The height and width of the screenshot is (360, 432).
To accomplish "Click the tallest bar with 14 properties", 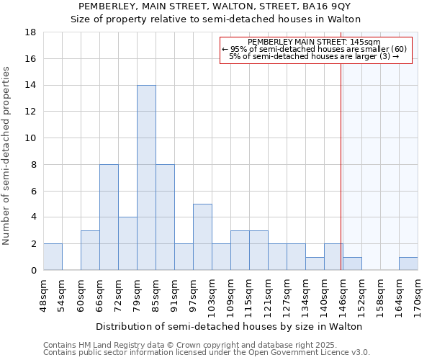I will coord(146,177).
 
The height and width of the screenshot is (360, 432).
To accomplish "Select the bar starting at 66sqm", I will coord(109,217).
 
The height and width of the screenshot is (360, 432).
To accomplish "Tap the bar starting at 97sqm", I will coord(202,237).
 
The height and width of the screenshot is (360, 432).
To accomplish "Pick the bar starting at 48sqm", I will coord(53,256).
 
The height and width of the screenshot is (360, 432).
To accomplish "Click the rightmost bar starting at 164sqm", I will coord(408,264).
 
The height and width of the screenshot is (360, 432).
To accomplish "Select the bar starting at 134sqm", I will coord(315,264).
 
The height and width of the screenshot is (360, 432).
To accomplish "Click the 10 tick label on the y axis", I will coord(31,138).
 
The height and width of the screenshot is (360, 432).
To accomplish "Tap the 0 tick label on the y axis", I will coord(33,270).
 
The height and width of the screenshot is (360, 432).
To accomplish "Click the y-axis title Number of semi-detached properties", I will coord(7,156).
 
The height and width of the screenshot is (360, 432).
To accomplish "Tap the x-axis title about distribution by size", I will coord(230,326).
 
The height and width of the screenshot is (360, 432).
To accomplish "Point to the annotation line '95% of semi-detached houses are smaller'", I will coord(314,48).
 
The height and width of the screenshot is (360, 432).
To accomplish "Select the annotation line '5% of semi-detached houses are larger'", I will coord(314,56).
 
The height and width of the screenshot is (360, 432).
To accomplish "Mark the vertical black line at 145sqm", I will coord(341,166).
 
